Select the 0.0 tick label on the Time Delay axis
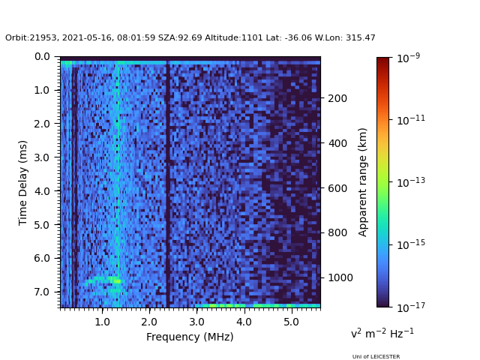(42, 56)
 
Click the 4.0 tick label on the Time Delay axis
(42, 191)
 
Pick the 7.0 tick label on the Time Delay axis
(42, 292)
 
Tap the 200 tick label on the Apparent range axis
(337, 98)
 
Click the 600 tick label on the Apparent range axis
(337, 188)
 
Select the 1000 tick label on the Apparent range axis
(340, 277)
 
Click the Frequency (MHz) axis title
(190, 337)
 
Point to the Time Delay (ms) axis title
(23, 182)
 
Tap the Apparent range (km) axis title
(363, 181)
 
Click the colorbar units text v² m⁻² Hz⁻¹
(382, 333)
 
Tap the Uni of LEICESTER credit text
(376, 356)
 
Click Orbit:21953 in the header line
(29, 38)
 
